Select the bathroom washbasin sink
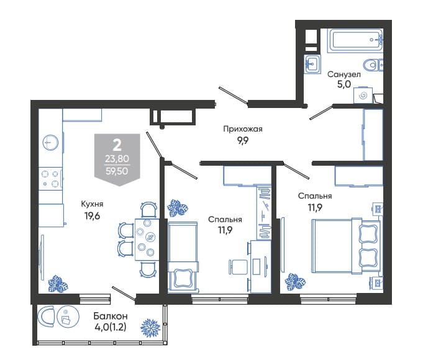coord(312,64)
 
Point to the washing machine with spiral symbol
coord(363,95)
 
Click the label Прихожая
coord(242,129)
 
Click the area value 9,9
coord(243,140)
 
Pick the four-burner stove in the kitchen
coord(50,179)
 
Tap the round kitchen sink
coord(50,142)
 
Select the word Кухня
coord(92,204)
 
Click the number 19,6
coord(93,215)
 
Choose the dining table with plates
coord(147,240)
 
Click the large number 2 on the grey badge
coord(117,146)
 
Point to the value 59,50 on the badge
coord(117,171)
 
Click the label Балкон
coord(111,315)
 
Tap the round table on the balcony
coord(68,317)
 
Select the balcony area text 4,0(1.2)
coord(111,327)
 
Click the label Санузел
coord(344,74)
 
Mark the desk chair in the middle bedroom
coord(238,267)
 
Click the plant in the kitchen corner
coord(58,284)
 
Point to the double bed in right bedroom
coord(346,246)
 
